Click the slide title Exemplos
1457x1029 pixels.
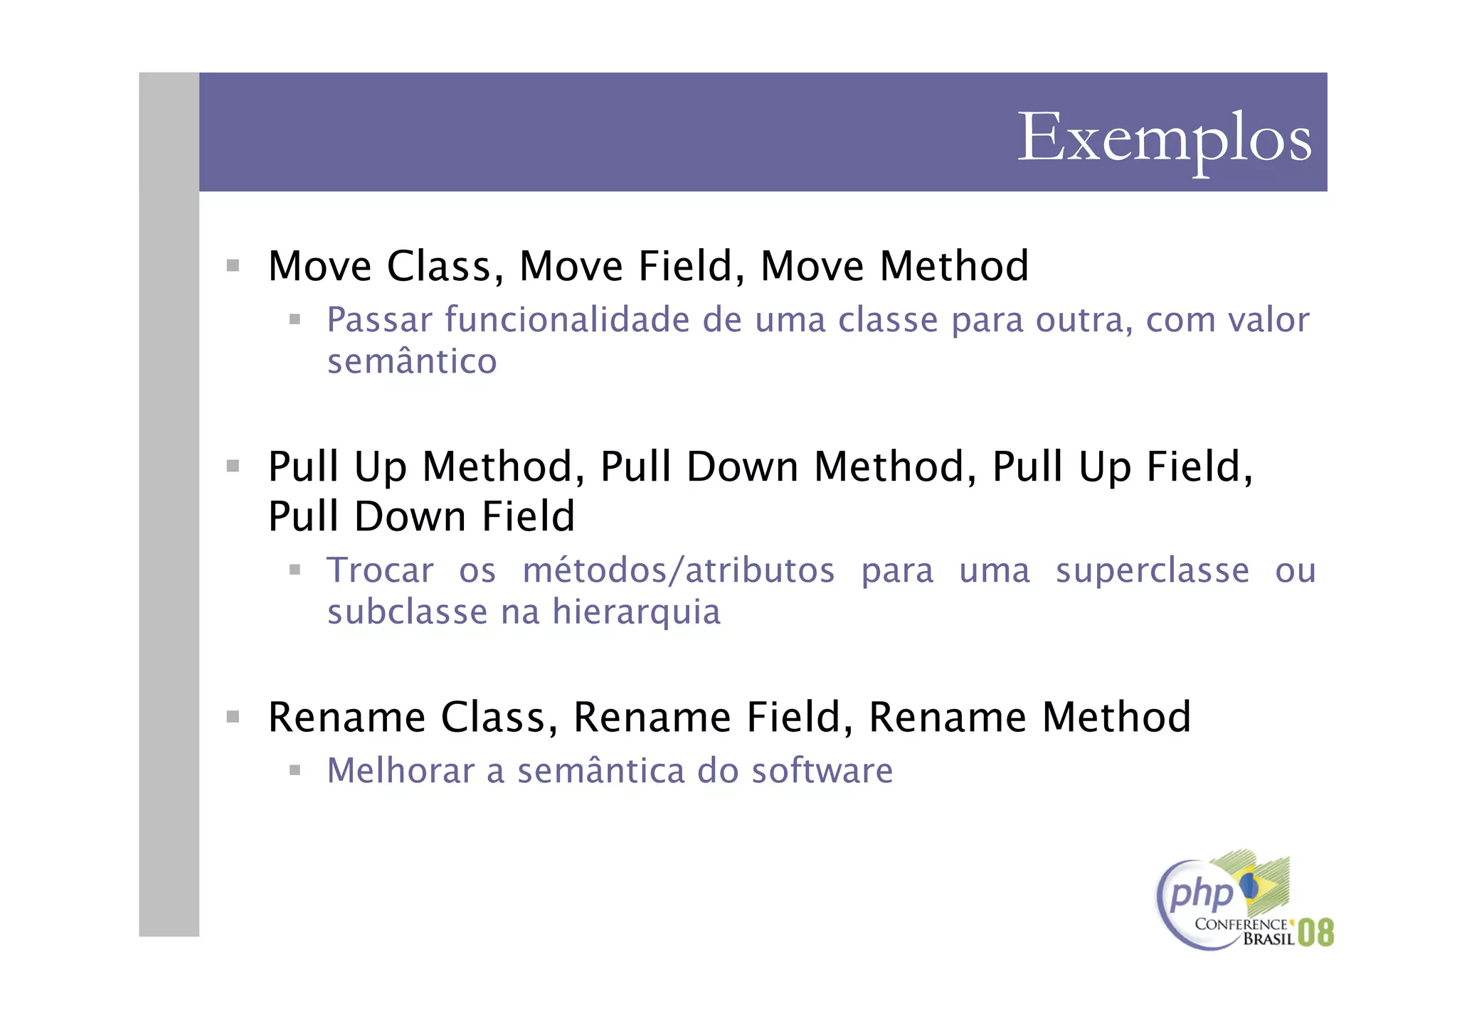(1164, 139)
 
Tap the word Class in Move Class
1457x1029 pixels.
(439, 267)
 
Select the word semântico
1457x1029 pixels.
(411, 361)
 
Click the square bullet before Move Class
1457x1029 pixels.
(233, 266)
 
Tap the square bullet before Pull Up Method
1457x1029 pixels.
(233, 466)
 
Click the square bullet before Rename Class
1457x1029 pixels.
(233, 716)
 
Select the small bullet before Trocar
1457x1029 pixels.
(295, 570)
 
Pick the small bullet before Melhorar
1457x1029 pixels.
(295, 770)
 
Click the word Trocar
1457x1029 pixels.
(380, 570)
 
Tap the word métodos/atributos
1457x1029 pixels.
(679, 570)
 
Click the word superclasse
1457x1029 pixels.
(1152, 570)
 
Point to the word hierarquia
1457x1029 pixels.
(636, 612)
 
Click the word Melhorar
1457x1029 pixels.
(400, 771)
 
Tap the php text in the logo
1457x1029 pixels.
(1201, 893)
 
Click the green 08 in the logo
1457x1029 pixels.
(1315, 932)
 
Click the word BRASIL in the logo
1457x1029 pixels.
(1268, 939)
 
